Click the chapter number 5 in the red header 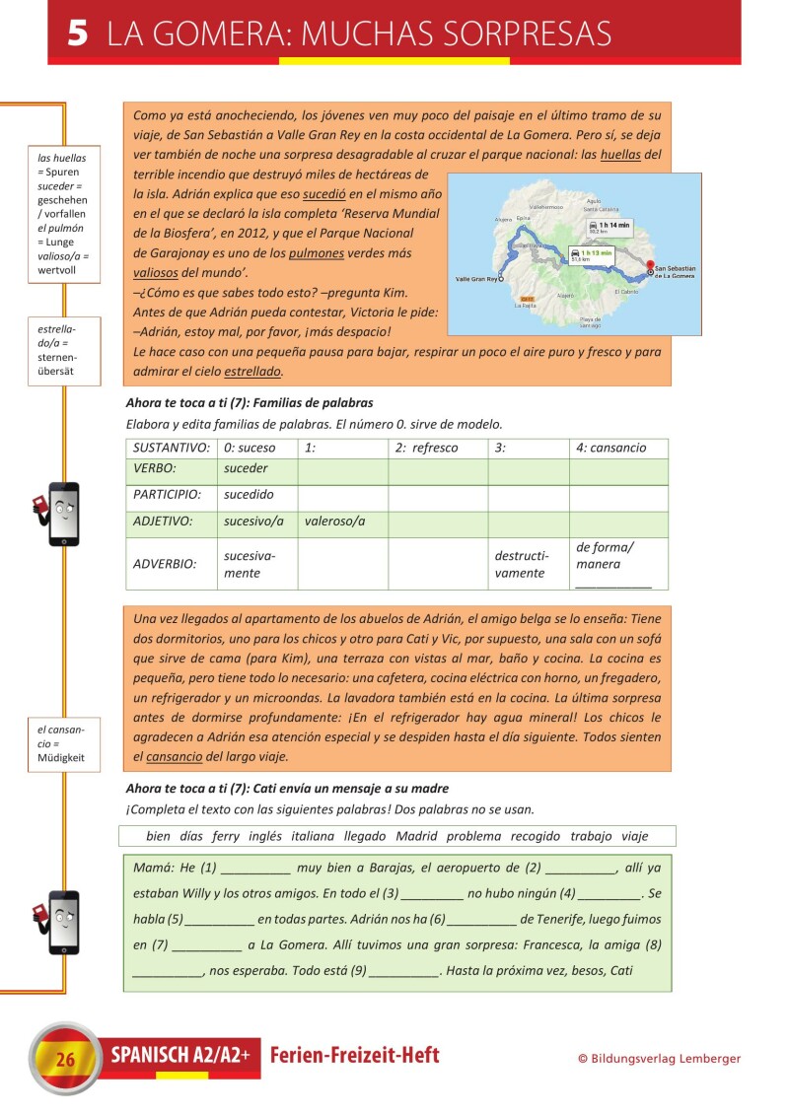coord(79,35)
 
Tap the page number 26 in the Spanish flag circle coord(65,1060)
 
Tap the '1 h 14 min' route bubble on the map coord(610,226)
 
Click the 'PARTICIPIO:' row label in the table coord(168,495)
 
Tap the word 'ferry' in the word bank coord(225,836)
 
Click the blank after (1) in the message coord(255,869)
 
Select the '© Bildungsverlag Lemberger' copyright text coord(659,1059)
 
